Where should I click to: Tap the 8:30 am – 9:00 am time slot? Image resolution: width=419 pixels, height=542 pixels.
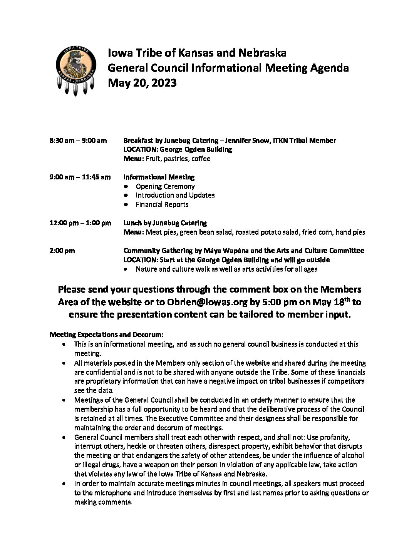coord(78,141)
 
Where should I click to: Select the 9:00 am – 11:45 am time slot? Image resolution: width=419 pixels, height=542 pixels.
coord(80,177)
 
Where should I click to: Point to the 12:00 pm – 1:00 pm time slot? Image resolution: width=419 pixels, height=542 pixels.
coord(80,223)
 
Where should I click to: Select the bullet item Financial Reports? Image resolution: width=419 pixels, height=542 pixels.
coord(162,204)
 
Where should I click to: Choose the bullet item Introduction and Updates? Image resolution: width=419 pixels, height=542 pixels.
coord(175,195)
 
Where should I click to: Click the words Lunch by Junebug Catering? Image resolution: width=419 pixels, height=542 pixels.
coord(165,223)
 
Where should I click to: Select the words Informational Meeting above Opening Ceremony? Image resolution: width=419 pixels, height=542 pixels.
coord(159,177)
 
